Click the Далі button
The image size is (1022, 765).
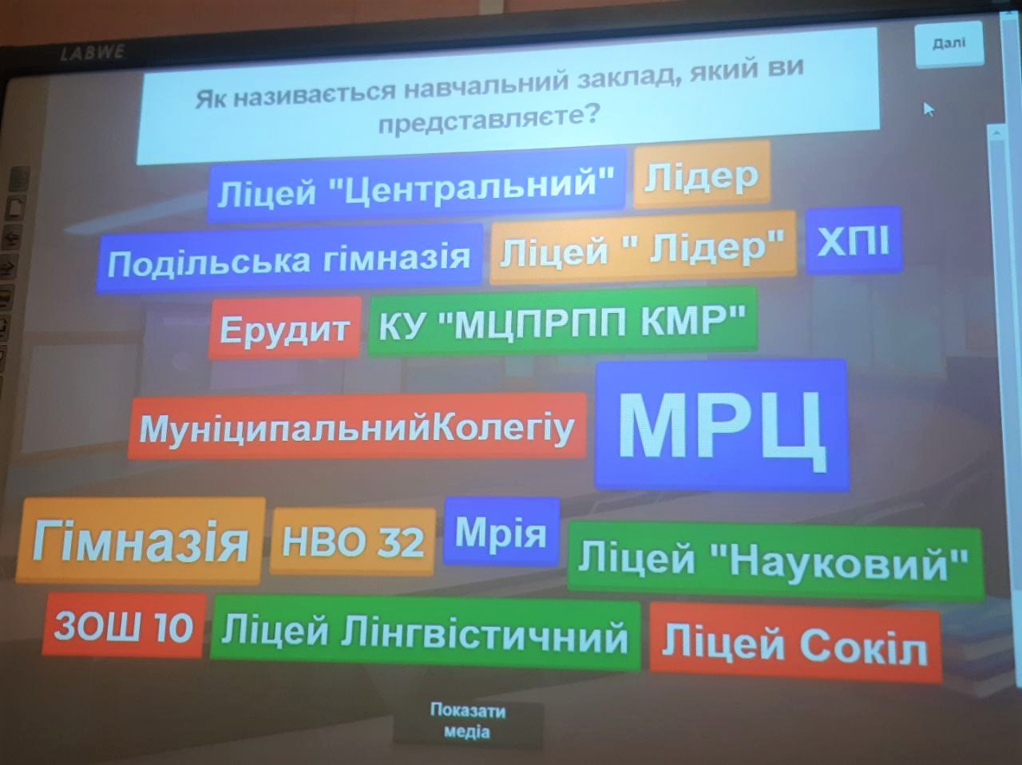(x=949, y=44)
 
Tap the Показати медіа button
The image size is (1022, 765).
(x=468, y=722)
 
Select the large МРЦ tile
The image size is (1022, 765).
(x=722, y=425)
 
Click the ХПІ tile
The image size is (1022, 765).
(x=854, y=240)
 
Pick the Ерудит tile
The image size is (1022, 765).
(x=285, y=328)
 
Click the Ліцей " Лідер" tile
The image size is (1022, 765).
(x=643, y=248)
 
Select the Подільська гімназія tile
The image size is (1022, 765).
(x=289, y=259)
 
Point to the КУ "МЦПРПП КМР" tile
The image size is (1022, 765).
(x=562, y=321)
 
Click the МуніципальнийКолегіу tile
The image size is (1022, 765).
(x=357, y=427)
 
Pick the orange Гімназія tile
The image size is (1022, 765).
(x=141, y=541)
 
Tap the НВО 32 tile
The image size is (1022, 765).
(x=353, y=541)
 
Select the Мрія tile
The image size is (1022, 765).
(x=501, y=532)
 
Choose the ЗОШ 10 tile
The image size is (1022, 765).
(x=124, y=625)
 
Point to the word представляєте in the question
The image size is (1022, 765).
(x=488, y=119)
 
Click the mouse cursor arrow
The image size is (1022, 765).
(x=929, y=110)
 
